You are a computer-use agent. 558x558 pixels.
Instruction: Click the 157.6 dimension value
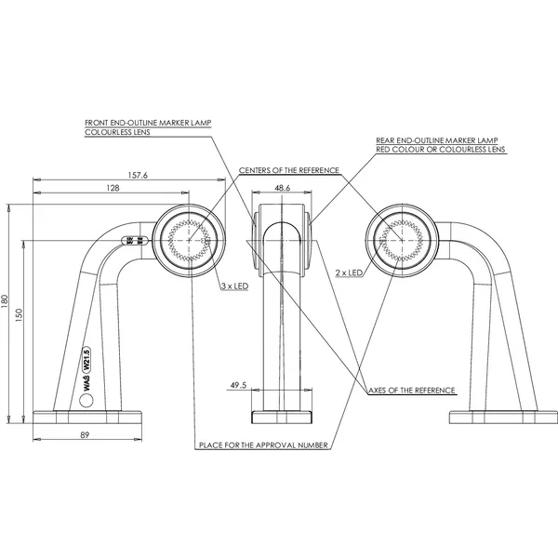138,175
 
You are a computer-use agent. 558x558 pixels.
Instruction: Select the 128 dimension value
113,188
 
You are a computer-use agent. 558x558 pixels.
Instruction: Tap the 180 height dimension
5,301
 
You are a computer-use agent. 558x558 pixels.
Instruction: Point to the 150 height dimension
19,315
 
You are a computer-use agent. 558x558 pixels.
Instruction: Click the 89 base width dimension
85,435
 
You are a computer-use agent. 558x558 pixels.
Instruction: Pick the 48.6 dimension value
282,188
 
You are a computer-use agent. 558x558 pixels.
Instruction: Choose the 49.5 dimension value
238,385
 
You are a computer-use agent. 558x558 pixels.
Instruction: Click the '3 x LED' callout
235,286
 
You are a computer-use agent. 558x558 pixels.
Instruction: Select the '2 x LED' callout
349,272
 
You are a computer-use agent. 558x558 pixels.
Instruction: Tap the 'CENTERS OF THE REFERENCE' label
289,170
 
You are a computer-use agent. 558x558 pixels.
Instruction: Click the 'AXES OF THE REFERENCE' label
412,391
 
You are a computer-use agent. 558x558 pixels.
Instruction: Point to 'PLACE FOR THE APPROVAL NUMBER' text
263,445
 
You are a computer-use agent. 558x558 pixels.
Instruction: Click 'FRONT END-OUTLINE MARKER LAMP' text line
148,123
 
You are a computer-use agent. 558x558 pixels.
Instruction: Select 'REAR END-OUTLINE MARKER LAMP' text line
437,140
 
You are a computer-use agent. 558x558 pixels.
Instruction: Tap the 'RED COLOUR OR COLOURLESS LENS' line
441,150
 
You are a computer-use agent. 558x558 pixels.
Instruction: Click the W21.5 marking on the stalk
86,359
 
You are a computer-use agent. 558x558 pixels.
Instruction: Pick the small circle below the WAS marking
86,401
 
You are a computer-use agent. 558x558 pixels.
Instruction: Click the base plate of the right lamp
503,417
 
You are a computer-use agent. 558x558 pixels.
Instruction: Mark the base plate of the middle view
282,417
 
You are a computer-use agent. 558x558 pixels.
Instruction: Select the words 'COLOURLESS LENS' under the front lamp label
117,132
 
